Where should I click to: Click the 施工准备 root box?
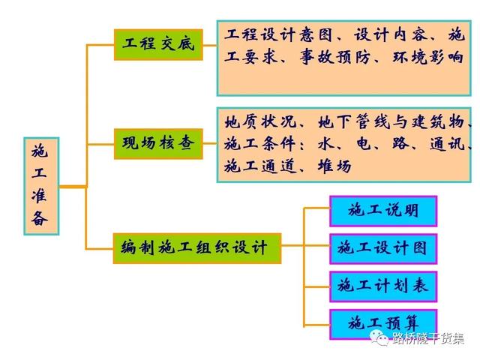[x=41, y=186]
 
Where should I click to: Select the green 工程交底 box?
[x=158, y=45]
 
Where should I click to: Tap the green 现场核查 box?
[x=158, y=144]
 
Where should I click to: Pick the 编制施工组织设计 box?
[x=197, y=248]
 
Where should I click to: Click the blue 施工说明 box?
[x=383, y=211]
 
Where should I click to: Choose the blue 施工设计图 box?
[x=383, y=249]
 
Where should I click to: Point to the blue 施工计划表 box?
[x=383, y=286]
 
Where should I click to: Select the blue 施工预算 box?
[x=383, y=324]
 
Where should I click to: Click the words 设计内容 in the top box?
[x=390, y=34]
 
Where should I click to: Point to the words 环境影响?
[x=428, y=57]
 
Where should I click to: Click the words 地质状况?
[x=260, y=121]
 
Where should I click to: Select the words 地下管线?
[x=354, y=121]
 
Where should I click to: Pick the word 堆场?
[x=334, y=166]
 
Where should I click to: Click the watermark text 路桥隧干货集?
[x=428, y=338]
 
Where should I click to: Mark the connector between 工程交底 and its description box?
[x=210, y=45]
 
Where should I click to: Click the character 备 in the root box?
[x=40, y=218]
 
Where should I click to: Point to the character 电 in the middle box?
[x=364, y=143]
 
